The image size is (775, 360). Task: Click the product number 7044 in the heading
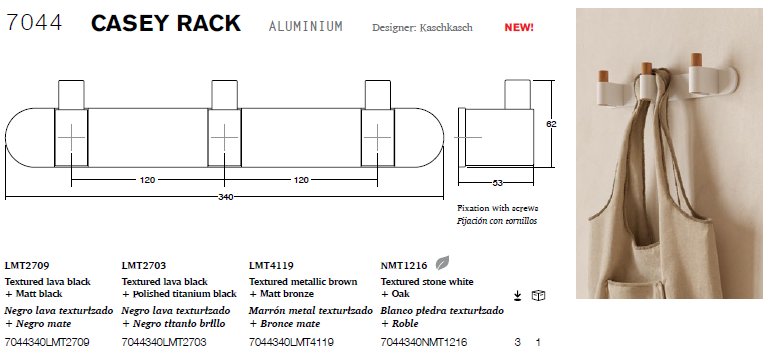point(34,23)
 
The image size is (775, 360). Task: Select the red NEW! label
point(519,28)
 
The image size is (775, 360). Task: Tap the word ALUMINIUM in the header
point(305,26)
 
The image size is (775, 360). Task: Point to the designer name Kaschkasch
point(446,28)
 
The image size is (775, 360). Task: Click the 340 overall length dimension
point(225,197)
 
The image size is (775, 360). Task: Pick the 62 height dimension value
point(551,124)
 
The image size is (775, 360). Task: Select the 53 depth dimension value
point(497,183)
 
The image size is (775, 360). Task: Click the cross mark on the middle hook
point(224,137)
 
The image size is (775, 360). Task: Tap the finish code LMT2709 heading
point(27,266)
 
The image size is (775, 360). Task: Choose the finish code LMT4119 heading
point(271,266)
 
